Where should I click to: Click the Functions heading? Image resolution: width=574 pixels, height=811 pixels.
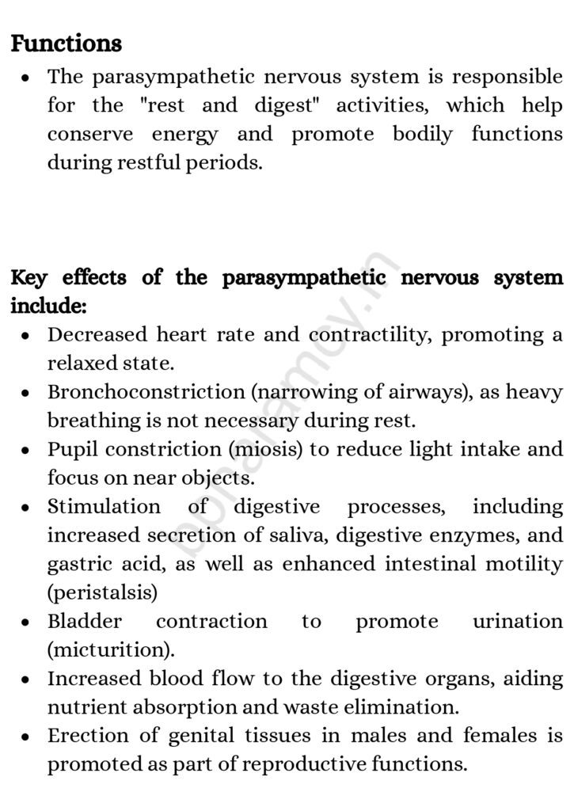point(67,44)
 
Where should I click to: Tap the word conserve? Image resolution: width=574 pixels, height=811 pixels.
point(90,135)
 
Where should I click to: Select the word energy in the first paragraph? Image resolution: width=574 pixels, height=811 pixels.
point(184,135)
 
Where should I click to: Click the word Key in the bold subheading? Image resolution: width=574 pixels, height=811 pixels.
point(29,279)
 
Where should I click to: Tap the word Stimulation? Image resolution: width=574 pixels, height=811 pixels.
point(104,507)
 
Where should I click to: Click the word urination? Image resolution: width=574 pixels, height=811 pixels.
point(518,622)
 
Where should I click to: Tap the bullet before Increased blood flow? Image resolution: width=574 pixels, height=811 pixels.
point(27,680)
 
